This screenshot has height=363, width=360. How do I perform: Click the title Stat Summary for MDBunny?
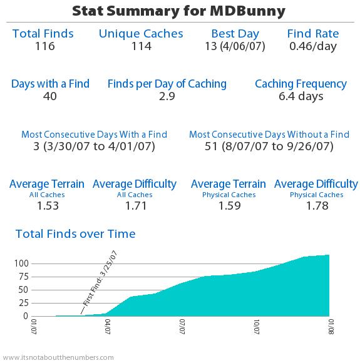tap(180, 11)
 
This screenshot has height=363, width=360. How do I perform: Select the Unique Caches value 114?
tap(141, 46)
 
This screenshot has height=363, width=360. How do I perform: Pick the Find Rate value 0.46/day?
tap(312, 46)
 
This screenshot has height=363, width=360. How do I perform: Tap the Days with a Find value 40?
tap(50, 96)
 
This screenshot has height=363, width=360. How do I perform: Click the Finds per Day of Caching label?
tap(167, 83)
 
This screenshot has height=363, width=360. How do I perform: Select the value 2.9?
tap(167, 96)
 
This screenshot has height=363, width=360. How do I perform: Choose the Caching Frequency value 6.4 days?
tap(301, 96)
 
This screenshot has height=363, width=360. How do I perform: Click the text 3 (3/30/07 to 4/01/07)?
tap(95, 146)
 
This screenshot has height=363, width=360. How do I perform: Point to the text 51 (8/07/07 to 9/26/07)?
tap(269, 146)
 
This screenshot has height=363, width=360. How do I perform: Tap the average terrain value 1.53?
tap(47, 206)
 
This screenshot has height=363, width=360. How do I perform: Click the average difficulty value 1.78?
tap(316, 206)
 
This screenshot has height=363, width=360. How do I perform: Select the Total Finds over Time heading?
tap(75, 234)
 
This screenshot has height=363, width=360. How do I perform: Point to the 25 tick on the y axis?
tap(23, 303)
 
